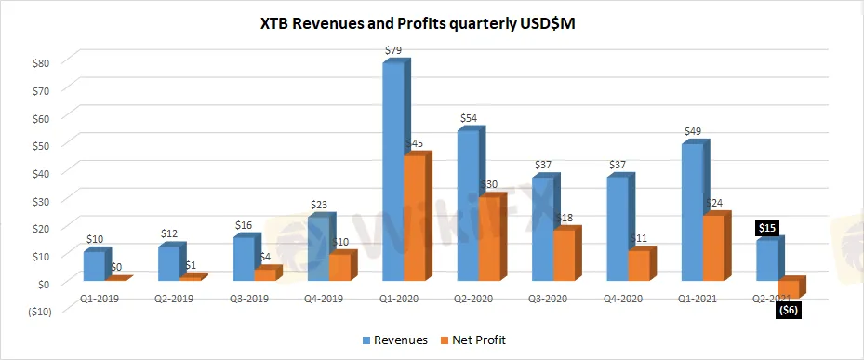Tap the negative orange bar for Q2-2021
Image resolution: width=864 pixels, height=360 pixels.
pos(791,287)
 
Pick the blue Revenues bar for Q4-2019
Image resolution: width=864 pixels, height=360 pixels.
pos(322,247)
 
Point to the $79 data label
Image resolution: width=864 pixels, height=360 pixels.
pos(393,49)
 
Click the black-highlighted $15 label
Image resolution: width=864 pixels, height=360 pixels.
pos(767,229)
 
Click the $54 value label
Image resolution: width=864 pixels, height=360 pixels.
pos(469,118)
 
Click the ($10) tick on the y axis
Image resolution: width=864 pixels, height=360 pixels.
pos(38,312)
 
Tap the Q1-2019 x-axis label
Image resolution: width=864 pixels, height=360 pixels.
pos(100,299)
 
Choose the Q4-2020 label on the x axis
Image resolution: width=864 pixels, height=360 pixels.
pos(622,299)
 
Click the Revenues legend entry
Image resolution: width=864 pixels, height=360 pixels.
pos(395,340)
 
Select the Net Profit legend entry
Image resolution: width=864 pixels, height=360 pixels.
pos(472,340)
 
